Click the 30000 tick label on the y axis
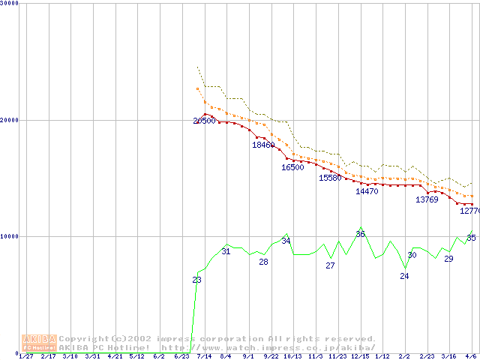[9, 4]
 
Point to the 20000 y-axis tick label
[9, 120]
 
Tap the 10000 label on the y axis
[9, 236]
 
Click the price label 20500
[204, 121]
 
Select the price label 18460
[263, 145]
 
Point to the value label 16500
[292, 167]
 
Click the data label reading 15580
[330, 178]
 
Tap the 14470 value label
[367, 191]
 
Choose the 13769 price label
[427, 199]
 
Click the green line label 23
[196, 280]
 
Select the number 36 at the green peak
[360, 234]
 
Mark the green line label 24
[404, 276]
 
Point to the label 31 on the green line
[226, 251]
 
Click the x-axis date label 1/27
[25, 356]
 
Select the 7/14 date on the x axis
[203, 356]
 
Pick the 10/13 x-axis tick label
[292, 356]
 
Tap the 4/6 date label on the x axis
[471, 356]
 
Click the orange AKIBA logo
[39, 343]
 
